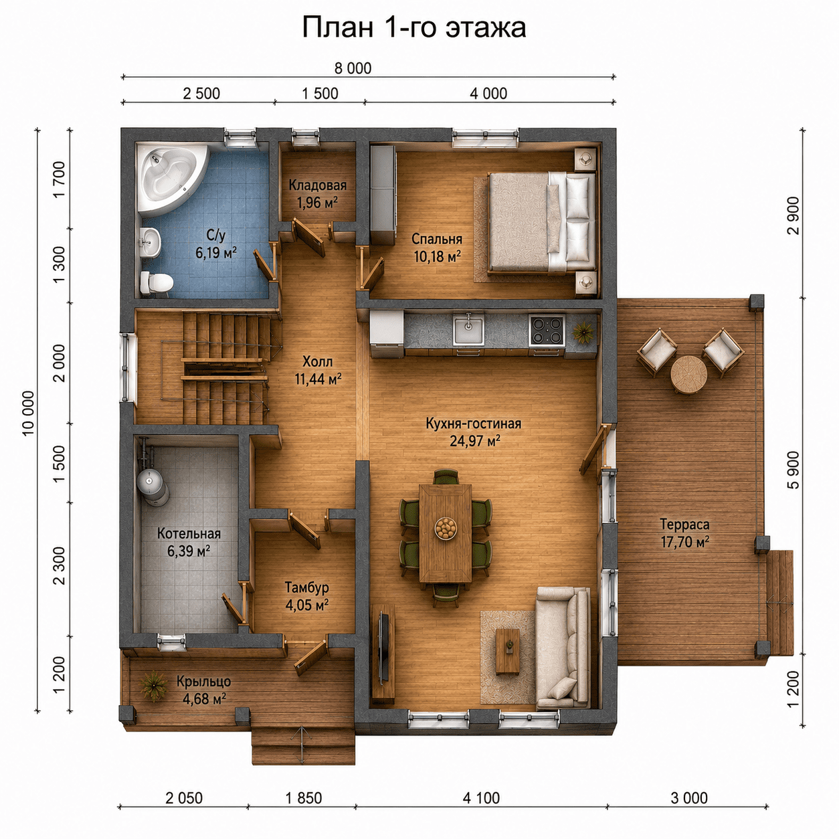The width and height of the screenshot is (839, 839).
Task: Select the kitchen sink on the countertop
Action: (468, 331)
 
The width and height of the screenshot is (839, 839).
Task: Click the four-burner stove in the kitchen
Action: (547, 331)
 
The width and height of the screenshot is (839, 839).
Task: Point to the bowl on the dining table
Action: (446, 528)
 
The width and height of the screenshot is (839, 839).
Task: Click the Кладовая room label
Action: (318, 185)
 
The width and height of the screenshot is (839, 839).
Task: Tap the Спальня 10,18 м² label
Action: (437, 248)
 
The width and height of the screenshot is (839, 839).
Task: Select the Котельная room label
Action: (189, 534)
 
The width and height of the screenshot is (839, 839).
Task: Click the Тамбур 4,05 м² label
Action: (307, 595)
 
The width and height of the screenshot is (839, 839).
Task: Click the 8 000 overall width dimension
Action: (353, 68)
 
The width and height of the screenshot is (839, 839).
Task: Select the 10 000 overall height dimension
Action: (27, 413)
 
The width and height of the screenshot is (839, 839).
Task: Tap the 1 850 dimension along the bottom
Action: (304, 798)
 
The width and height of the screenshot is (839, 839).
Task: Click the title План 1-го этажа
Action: (414, 28)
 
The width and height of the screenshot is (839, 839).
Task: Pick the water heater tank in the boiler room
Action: (153, 486)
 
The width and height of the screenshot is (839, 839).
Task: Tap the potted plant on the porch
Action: (153, 686)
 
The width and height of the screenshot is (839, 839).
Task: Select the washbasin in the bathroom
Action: (151, 242)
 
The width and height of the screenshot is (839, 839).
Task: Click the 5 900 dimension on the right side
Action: (794, 470)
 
